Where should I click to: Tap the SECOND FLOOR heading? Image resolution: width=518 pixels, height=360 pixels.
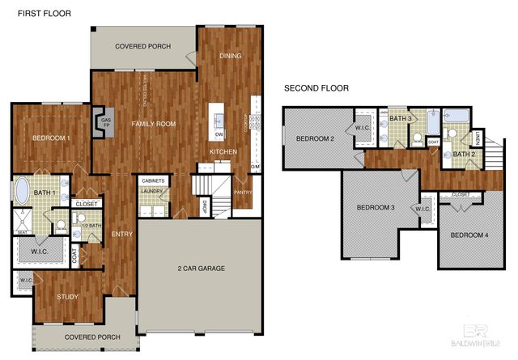click(x=316, y=88)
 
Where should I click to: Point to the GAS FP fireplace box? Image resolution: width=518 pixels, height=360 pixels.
click(x=104, y=123)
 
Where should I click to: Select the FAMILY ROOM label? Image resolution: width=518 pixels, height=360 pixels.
click(x=154, y=124)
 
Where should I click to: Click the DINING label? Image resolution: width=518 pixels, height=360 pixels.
click(x=231, y=56)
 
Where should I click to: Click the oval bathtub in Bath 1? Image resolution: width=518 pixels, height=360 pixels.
click(x=23, y=192)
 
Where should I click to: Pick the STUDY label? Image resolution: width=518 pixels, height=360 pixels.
click(x=67, y=297)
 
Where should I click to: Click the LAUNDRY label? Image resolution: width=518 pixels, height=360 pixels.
click(x=152, y=191)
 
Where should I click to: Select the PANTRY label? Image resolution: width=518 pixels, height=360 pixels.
click(x=243, y=193)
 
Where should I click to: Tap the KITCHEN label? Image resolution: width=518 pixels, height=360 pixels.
click(x=223, y=152)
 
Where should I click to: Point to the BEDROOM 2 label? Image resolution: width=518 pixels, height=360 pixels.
click(x=315, y=138)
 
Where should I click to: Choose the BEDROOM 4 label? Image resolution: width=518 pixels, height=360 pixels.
click(x=469, y=235)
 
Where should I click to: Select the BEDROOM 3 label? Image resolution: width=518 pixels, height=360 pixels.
click(x=376, y=208)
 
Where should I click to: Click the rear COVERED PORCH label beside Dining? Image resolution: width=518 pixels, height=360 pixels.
click(x=142, y=46)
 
